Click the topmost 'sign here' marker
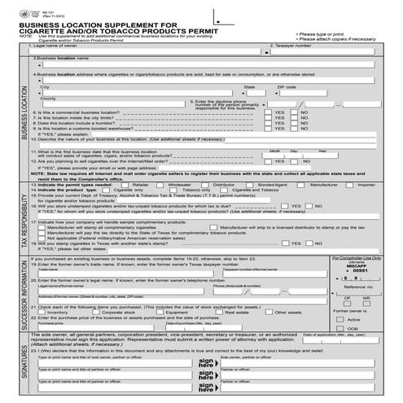tap(205, 361)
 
